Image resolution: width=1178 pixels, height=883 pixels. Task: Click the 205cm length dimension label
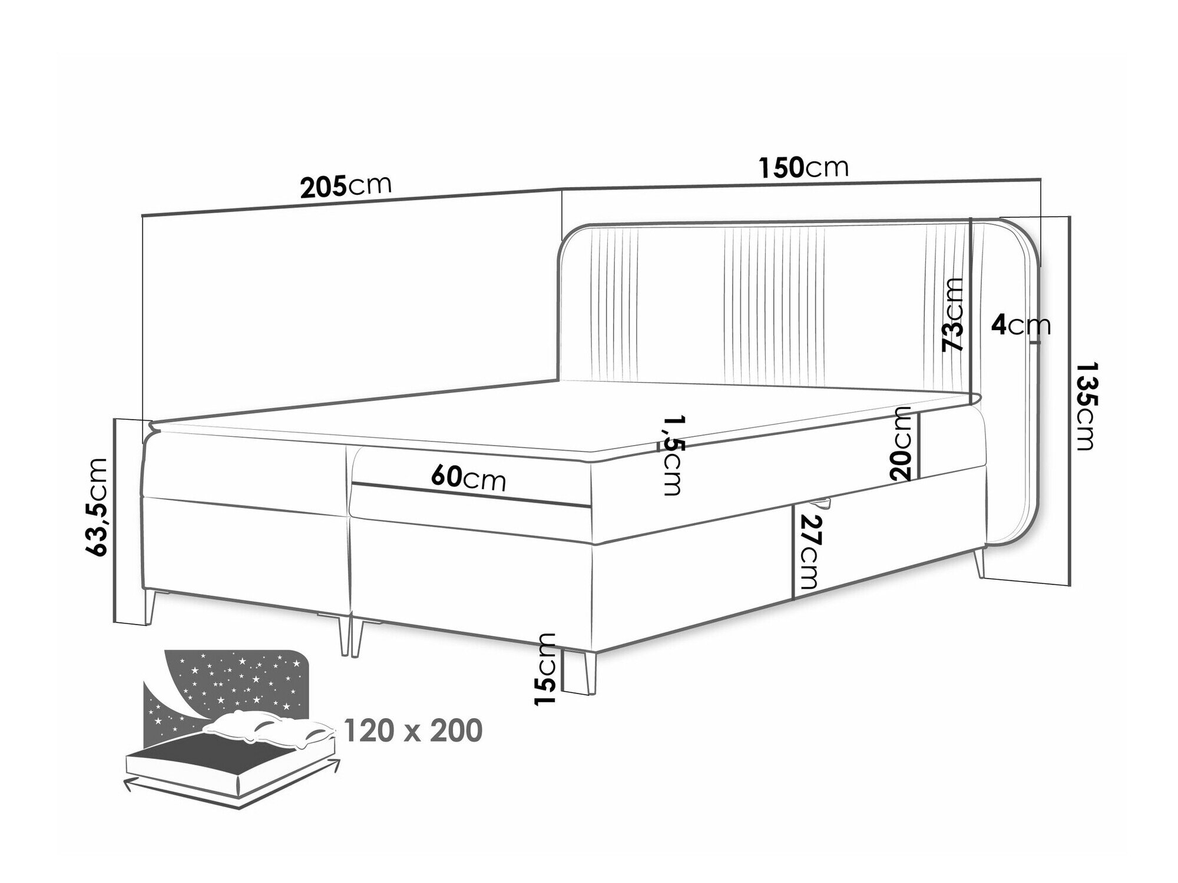pos(346,187)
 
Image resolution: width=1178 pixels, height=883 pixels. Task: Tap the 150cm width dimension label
pos(803,168)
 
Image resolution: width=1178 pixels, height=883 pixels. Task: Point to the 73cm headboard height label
pos(952,323)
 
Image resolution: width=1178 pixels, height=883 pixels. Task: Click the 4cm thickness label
pos(1020,326)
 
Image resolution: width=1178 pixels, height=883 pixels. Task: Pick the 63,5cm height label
pos(98,507)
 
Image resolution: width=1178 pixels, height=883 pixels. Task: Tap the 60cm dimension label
pos(468,479)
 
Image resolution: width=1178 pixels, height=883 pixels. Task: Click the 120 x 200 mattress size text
pos(412,731)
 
